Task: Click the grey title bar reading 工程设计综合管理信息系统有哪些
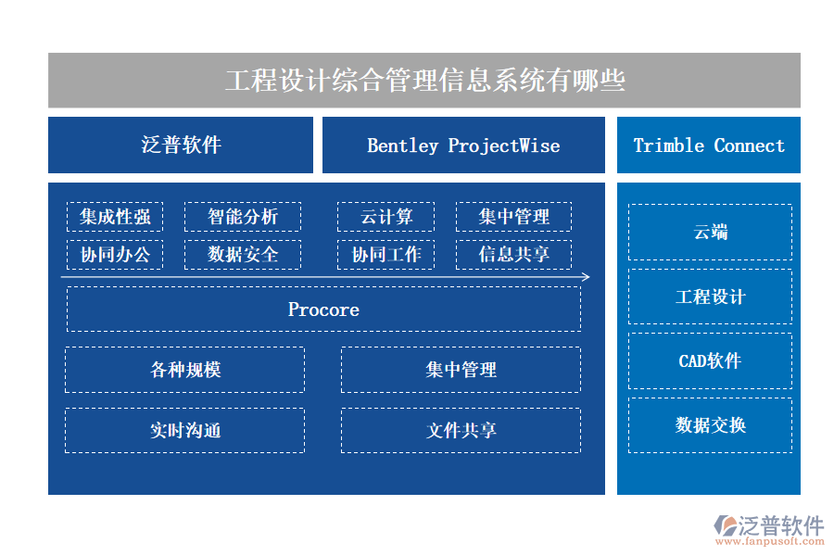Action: pyautogui.click(x=424, y=81)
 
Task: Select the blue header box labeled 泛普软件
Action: pyautogui.click(x=181, y=145)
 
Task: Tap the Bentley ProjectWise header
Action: pyautogui.click(x=463, y=145)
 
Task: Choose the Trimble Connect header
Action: pyautogui.click(x=709, y=145)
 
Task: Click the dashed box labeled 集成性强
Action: pyautogui.click(x=115, y=218)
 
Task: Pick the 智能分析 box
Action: pyautogui.click(x=243, y=218)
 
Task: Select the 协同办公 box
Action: pyautogui.click(x=115, y=255)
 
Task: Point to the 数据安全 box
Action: pyautogui.click(x=243, y=255)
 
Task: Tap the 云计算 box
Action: pyautogui.click(x=386, y=218)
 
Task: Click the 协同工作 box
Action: pyautogui.click(x=386, y=255)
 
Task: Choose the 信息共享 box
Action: pyautogui.click(x=513, y=255)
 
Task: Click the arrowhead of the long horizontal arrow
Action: pyautogui.click(x=586, y=276)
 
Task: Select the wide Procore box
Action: pyautogui.click(x=323, y=310)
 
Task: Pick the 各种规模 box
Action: pyautogui.click(x=185, y=370)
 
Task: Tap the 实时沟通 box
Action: pyautogui.click(x=185, y=431)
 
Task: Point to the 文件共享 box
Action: pyautogui.click(x=461, y=431)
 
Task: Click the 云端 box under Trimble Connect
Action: pyautogui.click(x=710, y=233)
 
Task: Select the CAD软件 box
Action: pyautogui.click(x=710, y=361)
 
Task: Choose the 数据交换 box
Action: pyautogui.click(x=710, y=425)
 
